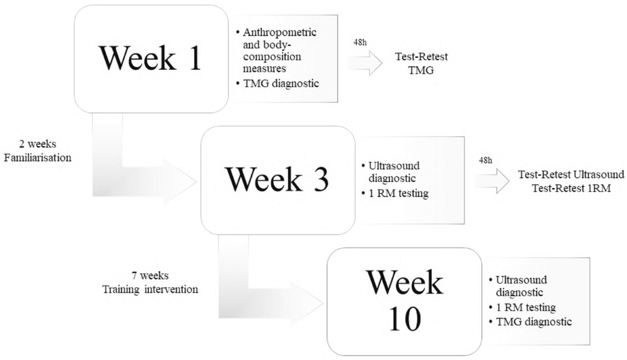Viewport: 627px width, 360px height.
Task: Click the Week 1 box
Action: pos(152,59)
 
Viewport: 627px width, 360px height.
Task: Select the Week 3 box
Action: pos(277,180)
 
